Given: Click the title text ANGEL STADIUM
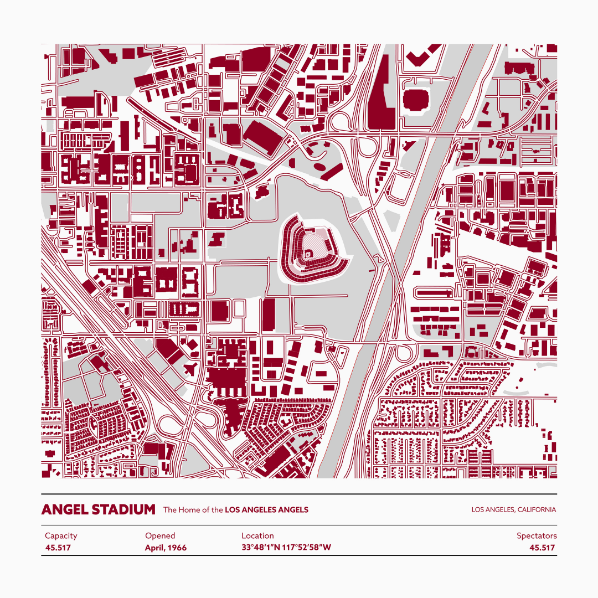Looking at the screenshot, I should pos(98,509).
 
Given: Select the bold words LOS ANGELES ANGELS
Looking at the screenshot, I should pos(266,510).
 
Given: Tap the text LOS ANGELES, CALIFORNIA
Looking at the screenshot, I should pos(513,510).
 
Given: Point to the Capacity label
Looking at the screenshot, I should pos(61,535).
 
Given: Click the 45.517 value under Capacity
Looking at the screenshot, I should pos(58,548).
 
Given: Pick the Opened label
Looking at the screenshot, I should pos(160,535).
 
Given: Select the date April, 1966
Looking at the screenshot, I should pos(166,548).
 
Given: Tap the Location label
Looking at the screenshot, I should pos(257,535).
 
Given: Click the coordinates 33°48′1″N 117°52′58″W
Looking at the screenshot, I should pos(286,548).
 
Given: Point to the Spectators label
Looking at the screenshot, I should pos(537,535).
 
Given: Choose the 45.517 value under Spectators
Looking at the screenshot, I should pos(542,548).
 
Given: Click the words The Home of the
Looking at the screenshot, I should pos(193,510).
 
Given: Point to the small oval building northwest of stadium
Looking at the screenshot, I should pos(320,166).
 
